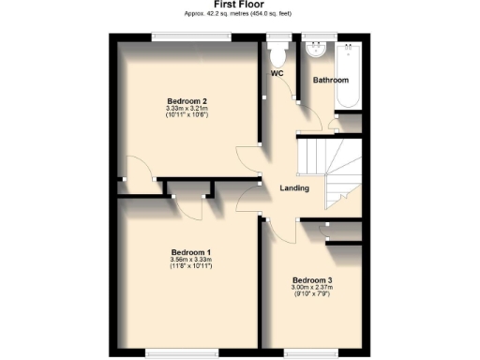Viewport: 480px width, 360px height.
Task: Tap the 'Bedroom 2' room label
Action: coord(187,101)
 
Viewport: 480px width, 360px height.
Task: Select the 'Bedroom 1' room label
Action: coord(191,252)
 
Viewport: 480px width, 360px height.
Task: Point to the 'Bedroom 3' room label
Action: coord(311,280)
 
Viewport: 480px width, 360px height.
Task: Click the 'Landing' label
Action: coord(294,188)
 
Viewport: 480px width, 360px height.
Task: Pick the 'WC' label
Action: coord(277,73)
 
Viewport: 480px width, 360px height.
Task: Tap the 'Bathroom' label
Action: coord(330,81)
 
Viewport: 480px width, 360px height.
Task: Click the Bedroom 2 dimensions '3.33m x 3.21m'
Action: coord(187,110)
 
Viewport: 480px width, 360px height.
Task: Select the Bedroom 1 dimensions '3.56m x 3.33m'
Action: coord(191,261)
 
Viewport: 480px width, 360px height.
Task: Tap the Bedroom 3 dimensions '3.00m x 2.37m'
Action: coord(311,288)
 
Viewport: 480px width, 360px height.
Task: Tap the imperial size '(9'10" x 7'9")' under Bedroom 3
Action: coord(311,295)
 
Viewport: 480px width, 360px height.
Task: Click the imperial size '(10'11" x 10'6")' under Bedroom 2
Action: coord(187,117)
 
